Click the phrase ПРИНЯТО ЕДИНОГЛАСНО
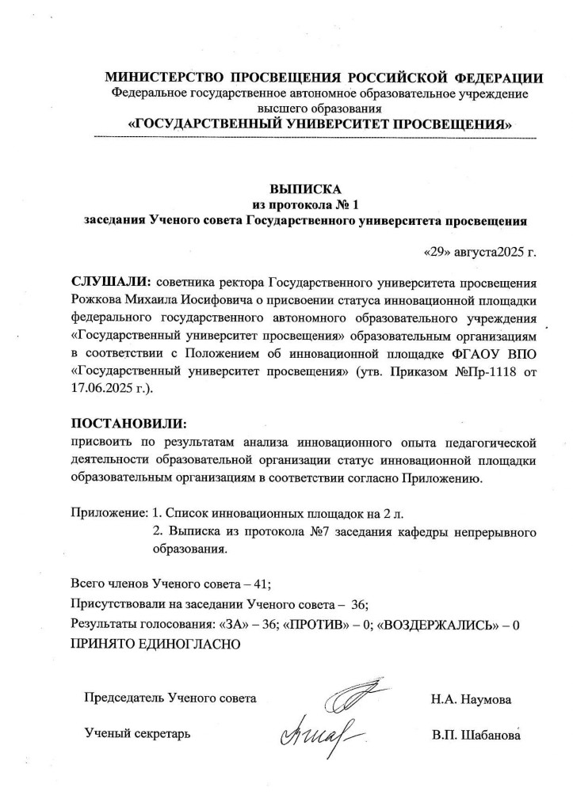[x=155, y=642]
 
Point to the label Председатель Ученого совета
[x=170, y=699]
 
